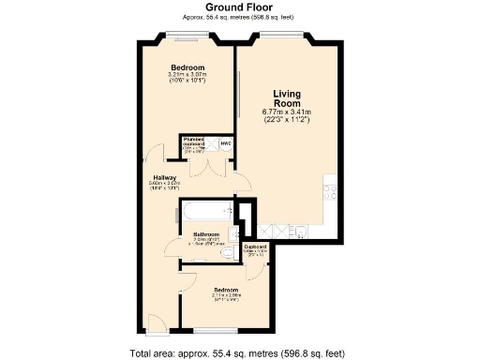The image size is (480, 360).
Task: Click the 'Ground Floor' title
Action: [239, 7]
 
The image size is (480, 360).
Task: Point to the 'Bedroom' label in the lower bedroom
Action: [227, 290]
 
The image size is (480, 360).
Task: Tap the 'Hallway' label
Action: [166, 176]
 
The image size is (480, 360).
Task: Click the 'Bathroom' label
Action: [206, 234]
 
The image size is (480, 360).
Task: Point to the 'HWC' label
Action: [225, 144]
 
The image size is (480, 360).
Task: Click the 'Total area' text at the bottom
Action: [239, 352]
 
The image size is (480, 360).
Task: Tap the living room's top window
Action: [279, 37]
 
